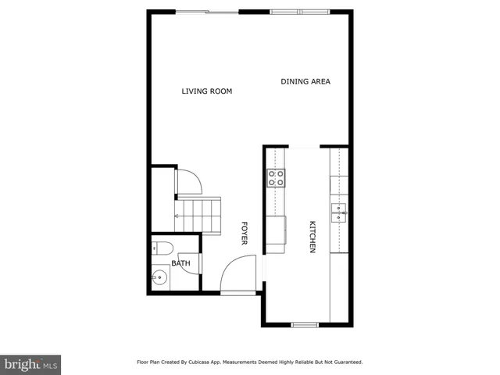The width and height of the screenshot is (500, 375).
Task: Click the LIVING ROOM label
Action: [207, 91]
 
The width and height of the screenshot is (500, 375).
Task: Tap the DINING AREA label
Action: [305, 81]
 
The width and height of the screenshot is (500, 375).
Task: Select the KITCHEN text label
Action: [312, 237]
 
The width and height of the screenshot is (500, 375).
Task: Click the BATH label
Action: [180, 263]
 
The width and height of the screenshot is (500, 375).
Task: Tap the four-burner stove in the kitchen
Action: [277, 178]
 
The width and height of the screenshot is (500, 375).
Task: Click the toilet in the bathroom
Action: [159, 248]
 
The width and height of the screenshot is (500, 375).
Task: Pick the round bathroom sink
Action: [159, 277]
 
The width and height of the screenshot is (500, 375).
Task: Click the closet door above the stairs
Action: [190, 183]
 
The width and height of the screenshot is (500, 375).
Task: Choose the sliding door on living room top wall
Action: [206, 12]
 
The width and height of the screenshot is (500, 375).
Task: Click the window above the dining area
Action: [301, 12]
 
